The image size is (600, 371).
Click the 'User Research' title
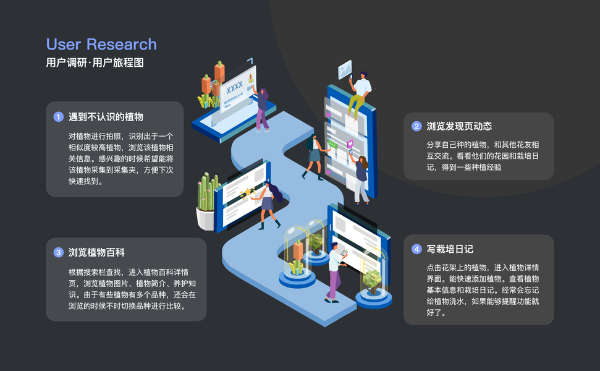pyautogui.click(x=101, y=45)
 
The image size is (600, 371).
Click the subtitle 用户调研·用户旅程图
pyautogui.click(x=95, y=63)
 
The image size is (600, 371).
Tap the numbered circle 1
pyautogui.click(x=59, y=117)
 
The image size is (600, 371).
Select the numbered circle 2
pyautogui.click(x=416, y=126)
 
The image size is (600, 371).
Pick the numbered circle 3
pyautogui.click(x=59, y=252)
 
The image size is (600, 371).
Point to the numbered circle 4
pyautogui.click(x=416, y=249)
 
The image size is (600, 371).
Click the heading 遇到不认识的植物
pyautogui.click(x=106, y=117)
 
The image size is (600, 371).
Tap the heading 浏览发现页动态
pyautogui.click(x=459, y=126)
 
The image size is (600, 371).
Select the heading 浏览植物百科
pyautogui.click(x=96, y=252)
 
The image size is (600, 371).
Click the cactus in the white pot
pyautogui.click(x=207, y=195)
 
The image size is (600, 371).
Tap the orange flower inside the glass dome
pyautogui.click(x=298, y=252)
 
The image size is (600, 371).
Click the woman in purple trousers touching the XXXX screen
pyautogui.click(x=262, y=109)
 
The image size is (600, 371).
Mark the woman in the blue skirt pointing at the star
pyautogui.click(x=268, y=204)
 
